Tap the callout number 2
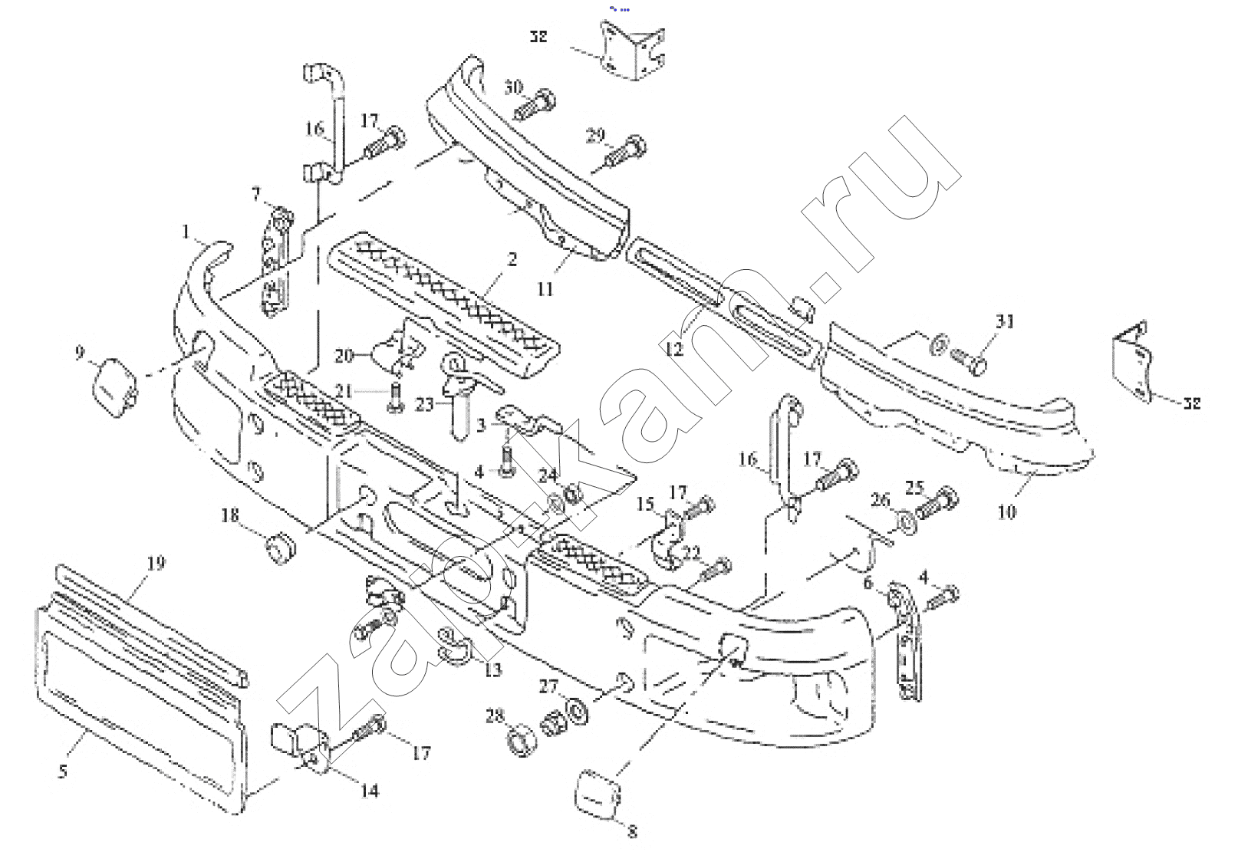coord(512,259)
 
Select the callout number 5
coord(63,770)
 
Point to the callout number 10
coord(1006,511)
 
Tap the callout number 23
coord(423,402)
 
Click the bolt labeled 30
coord(535,107)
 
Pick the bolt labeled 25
coord(936,503)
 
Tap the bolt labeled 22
coord(717,569)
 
